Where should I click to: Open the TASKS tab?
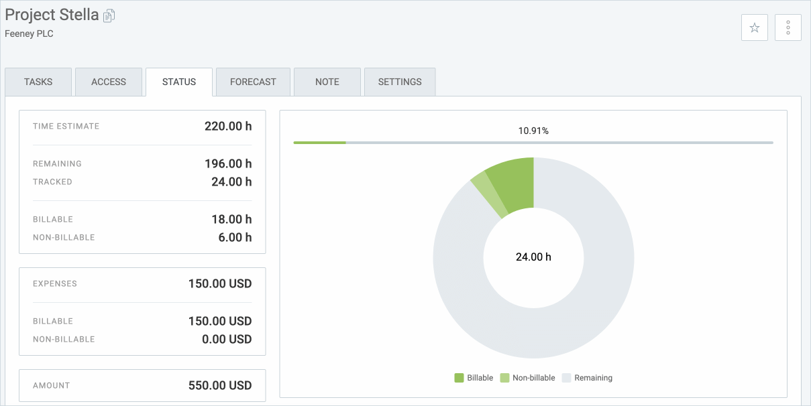tap(38, 82)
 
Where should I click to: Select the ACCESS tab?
tap(109, 82)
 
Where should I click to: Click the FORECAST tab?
tap(253, 82)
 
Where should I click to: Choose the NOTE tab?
tap(327, 82)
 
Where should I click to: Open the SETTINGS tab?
tap(400, 82)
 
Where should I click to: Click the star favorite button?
tap(755, 27)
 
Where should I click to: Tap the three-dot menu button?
tap(788, 27)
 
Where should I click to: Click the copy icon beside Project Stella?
tap(109, 15)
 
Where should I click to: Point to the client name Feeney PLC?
tap(29, 33)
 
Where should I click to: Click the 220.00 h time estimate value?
tap(228, 126)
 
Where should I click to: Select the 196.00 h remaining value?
tap(228, 163)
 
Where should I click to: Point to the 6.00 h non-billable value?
tap(235, 237)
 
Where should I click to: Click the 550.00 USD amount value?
tap(220, 385)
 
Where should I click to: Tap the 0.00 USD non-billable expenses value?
tap(227, 339)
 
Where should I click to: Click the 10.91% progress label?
tap(533, 131)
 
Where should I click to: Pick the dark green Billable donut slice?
tap(513, 184)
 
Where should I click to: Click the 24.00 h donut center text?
tap(533, 257)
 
